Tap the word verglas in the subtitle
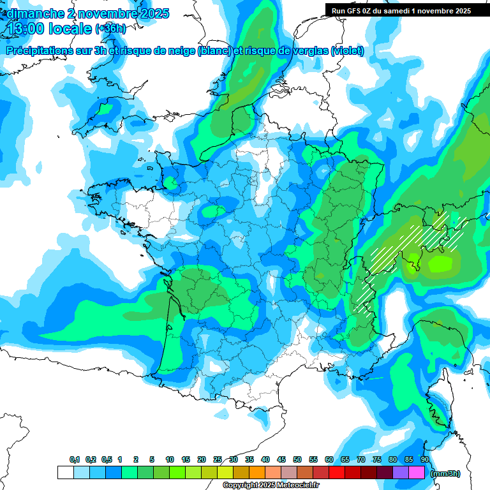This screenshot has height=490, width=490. [x=310, y=50]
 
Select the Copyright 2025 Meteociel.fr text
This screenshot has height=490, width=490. [x=271, y=486]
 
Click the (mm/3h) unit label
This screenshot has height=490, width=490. [x=445, y=473]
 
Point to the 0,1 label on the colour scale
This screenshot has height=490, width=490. [x=74, y=460]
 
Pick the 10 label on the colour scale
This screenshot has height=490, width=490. [x=170, y=460]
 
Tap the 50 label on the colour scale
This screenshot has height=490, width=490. [x=297, y=460]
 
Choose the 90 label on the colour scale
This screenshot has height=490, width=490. [x=424, y=460]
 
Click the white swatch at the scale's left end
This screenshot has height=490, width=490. [x=65, y=473]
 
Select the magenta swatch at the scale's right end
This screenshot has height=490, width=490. [x=417, y=473]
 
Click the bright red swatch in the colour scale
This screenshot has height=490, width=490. [x=337, y=473]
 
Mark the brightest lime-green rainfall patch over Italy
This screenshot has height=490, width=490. [x=440, y=263]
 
